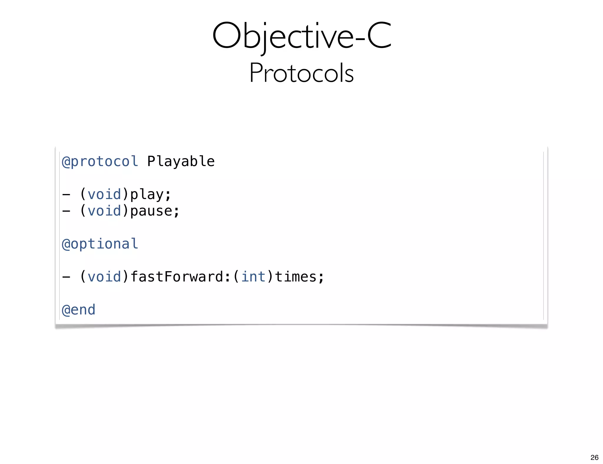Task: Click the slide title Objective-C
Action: (301, 36)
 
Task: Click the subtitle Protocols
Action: (301, 73)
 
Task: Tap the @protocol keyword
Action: (100, 161)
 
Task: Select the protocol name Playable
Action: (181, 161)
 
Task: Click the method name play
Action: (147, 195)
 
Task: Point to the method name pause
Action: (151, 211)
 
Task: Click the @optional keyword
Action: (100, 244)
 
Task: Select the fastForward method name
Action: (177, 277)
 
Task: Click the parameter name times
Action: (296, 277)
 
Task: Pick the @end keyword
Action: (79, 310)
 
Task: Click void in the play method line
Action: (104, 195)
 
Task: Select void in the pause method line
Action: (104, 211)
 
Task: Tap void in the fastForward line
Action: (104, 277)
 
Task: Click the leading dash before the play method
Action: (66, 195)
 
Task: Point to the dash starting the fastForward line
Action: (66, 277)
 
